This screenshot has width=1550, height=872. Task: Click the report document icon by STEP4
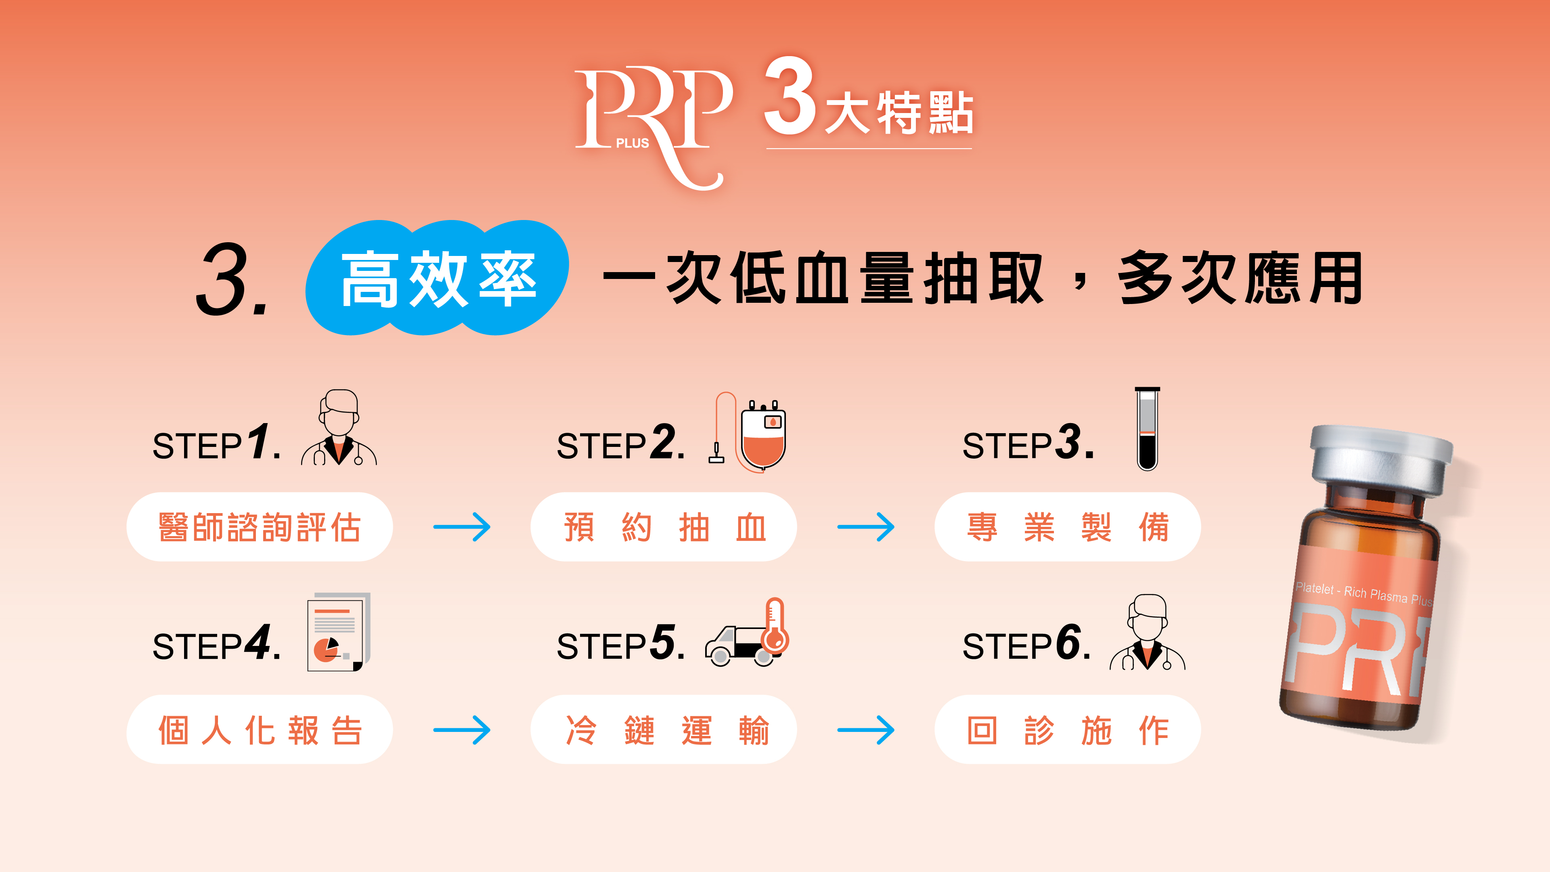pyautogui.click(x=337, y=633)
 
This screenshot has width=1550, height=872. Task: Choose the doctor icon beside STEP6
pyautogui.click(x=1148, y=633)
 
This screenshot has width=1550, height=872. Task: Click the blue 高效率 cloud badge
pyautogui.click(x=438, y=278)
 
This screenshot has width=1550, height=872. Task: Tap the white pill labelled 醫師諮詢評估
pyautogui.click(x=259, y=527)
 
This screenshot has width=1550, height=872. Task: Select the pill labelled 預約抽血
pyautogui.click(x=663, y=527)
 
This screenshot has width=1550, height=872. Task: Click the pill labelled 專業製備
pyautogui.click(x=1067, y=527)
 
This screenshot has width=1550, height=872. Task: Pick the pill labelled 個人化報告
pyautogui.click(x=259, y=730)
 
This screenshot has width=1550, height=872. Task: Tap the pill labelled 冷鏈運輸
pyautogui.click(x=663, y=730)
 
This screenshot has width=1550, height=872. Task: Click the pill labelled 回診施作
pyautogui.click(x=1067, y=730)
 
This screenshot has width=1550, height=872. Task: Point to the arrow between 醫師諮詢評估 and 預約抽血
pyautogui.click(x=461, y=527)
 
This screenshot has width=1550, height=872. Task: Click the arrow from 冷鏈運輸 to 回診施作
pyautogui.click(x=865, y=730)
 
